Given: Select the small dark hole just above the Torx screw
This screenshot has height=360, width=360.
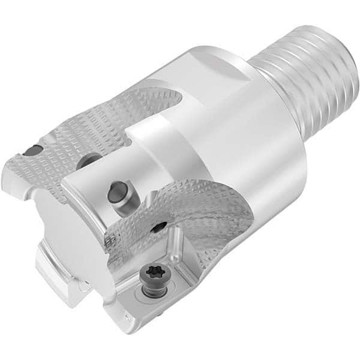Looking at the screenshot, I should coord(159,227).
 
